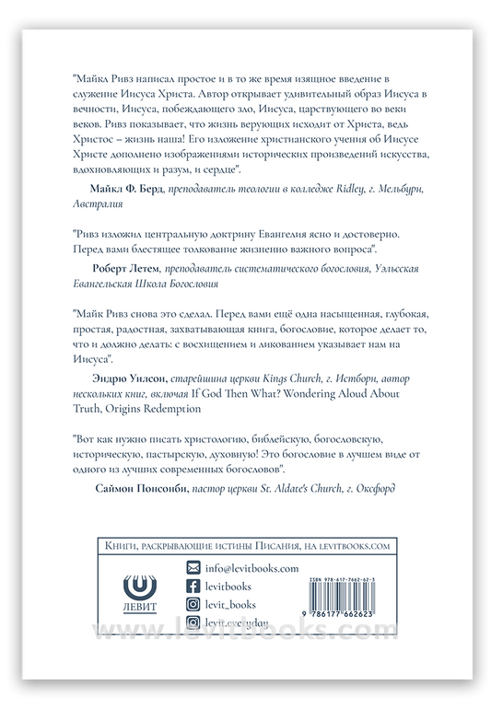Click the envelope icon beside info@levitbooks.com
click(x=193, y=568)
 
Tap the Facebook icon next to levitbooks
click(x=193, y=587)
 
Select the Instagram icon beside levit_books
click(x=193, y=604)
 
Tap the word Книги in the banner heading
click(x=113, y=546)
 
